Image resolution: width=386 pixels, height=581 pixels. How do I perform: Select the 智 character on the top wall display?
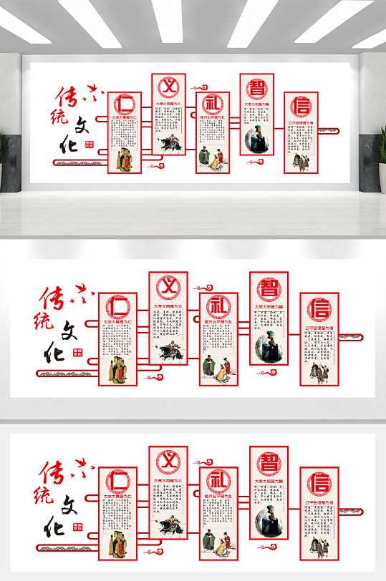coord(256,87)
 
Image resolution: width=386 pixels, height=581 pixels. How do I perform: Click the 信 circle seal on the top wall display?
coord(301,107)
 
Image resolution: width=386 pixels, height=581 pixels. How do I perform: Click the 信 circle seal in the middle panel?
coord(319,311)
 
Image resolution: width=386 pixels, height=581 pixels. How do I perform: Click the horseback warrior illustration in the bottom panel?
coord(169,523)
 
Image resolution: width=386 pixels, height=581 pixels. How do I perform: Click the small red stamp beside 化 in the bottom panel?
coord(77,527)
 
